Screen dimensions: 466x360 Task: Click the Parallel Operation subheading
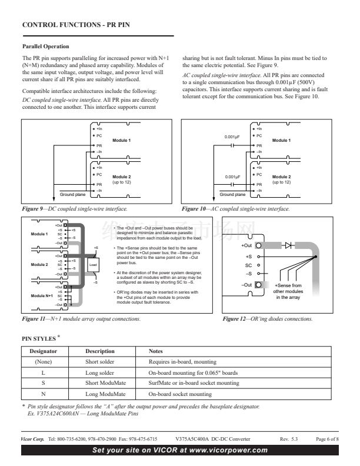tap(45, 46)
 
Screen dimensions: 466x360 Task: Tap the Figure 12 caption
tap(268, 319)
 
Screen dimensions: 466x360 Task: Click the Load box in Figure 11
tap(92, 264)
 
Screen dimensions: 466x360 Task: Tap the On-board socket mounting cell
tap(179, 394)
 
